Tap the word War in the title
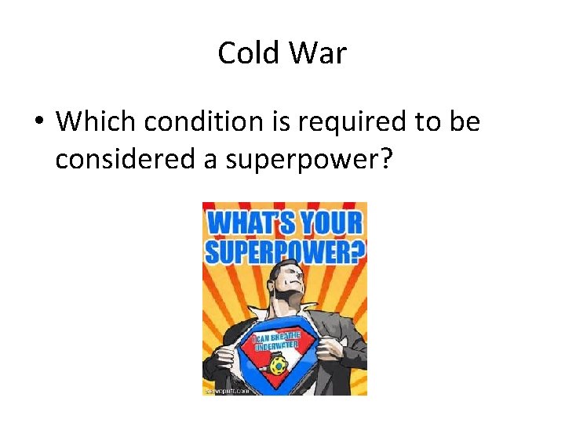pyautogui.click(x=317, y=53)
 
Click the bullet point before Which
pyautogui.click(x=38, y=122)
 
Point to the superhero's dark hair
pyautogui.click(x=281, y=271)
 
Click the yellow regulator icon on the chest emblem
pyautogui.click(x=276, y=365)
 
